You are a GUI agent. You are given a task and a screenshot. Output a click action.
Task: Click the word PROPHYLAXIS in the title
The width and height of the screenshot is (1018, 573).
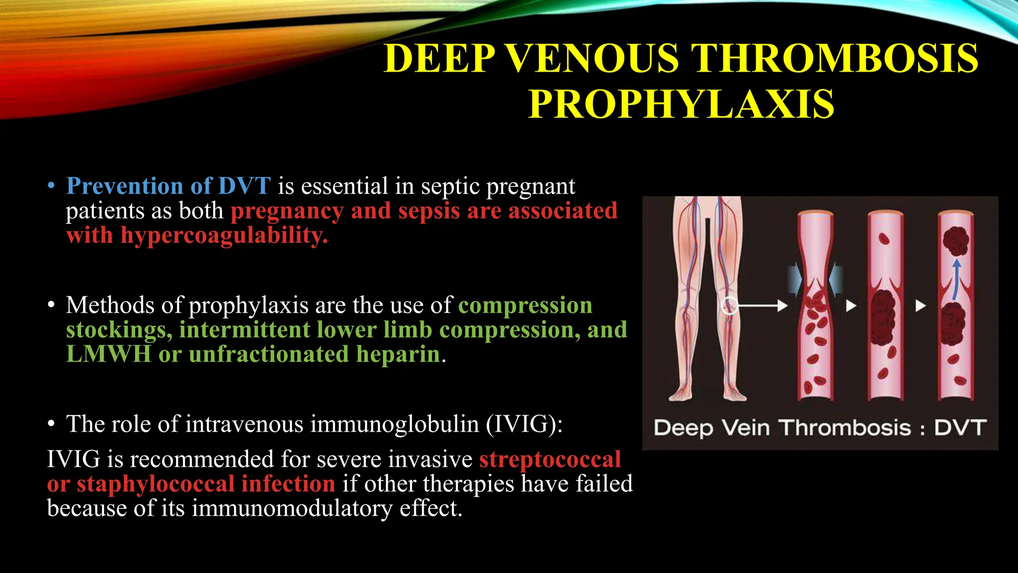coord(681,104)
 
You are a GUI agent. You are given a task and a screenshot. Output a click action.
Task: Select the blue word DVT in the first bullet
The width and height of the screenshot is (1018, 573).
coord(245,186)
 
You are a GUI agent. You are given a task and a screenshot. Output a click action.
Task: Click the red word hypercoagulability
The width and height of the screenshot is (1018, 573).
coord(224,235)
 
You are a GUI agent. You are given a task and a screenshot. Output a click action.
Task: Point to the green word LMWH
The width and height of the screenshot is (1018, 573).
coord(108,355)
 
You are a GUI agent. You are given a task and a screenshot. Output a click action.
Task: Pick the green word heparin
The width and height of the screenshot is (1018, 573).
coord(398,355)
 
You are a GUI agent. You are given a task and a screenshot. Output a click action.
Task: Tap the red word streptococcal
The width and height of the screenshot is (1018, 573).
coord(550,459)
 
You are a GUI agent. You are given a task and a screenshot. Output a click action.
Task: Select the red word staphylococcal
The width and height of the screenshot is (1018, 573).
coord(156,484)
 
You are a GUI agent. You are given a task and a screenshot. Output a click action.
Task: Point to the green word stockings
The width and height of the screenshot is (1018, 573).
coord(119,330)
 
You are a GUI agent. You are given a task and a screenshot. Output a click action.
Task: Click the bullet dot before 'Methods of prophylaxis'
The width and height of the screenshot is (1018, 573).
coord(51,305)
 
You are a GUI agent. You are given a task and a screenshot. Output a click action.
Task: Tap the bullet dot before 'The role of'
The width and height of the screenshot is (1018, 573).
coord(51,424)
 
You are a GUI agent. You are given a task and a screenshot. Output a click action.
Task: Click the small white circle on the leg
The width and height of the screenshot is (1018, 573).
coord(729,305)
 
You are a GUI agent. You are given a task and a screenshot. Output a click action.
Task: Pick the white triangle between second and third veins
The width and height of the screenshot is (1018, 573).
coord(921,305)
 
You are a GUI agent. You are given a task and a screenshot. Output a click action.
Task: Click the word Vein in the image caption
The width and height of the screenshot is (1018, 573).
coord(746,428)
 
